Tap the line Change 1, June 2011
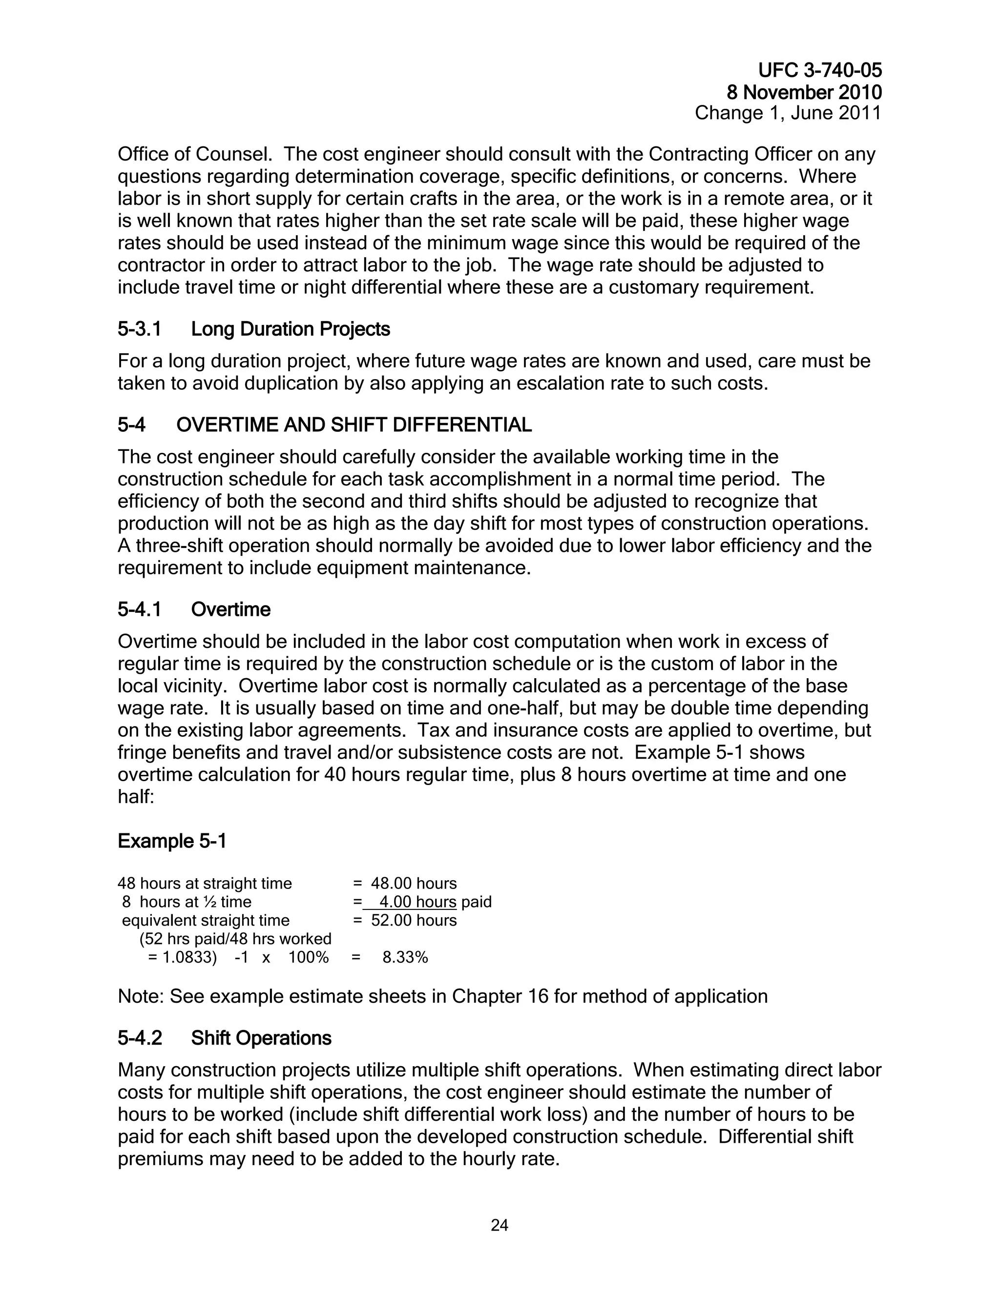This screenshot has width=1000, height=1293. coord(788,113)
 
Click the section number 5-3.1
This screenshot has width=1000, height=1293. coord(139,329)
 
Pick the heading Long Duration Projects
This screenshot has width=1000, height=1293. coord(291,329)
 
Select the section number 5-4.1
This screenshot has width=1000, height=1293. coord(139,610)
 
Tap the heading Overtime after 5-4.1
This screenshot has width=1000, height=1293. coord(230,610)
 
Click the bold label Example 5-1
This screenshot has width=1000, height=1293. coord(172,841)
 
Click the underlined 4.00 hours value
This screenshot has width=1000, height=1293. coord(417,902)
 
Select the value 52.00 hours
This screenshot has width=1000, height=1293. coord(414,921)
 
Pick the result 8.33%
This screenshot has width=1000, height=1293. coord(405,957)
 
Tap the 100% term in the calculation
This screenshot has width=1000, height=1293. coord(308,957)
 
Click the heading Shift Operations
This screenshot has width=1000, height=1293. coord(261,1038)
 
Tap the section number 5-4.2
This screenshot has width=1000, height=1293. coord(139,1038)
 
